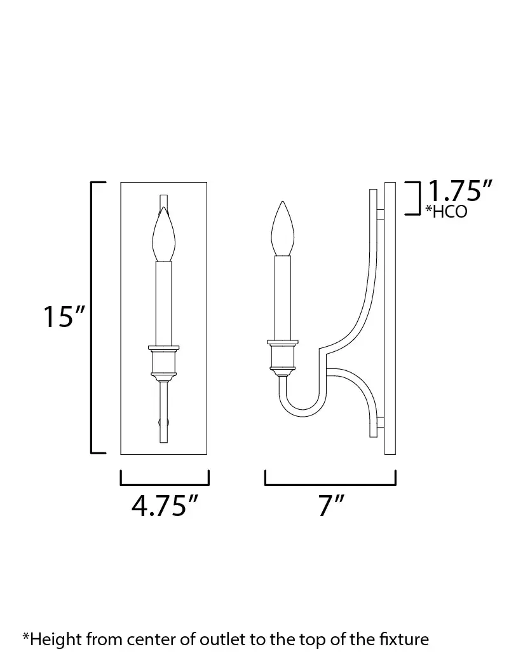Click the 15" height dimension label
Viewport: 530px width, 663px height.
[64, 317]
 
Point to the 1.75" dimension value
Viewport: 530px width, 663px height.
[460, 191]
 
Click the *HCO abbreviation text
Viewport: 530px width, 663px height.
[446, 212]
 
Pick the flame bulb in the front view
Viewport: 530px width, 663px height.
[163, 234]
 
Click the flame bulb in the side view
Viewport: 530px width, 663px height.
[283, 228]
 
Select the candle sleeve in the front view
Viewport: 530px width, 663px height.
[164, 304]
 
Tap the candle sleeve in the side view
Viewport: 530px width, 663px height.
[283, 298]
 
